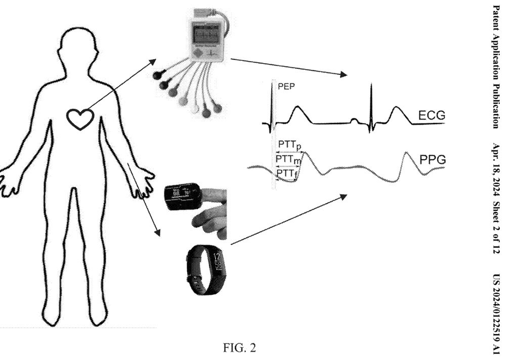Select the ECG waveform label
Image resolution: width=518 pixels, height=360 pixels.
(x=431, y=116)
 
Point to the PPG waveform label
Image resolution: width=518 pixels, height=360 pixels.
(x=431, y=161)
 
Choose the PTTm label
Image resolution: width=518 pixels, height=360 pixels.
(x=288, y=160)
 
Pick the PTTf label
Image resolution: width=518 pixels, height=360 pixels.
(x=287, y=174)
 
